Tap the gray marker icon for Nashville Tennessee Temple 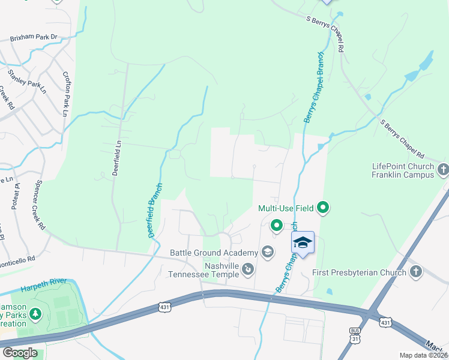point(248,271)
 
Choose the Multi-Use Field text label point(286,209)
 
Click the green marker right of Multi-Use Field point(323,208)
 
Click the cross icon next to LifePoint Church point(443,170)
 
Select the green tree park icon point(35,313)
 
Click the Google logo point(20,353)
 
